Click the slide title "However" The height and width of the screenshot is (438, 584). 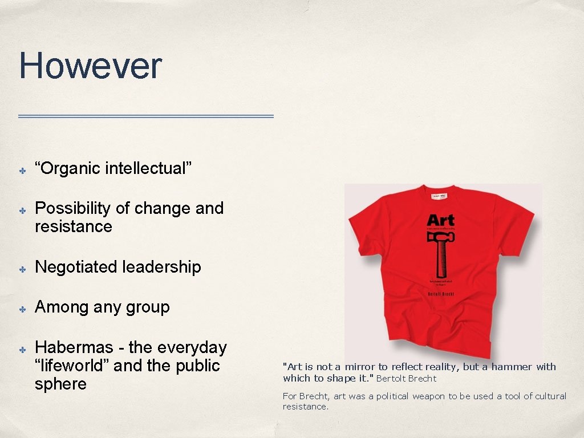pyautogui.click(x=90, y=66)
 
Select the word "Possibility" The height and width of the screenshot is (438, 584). pyautogui.click(x=72, y=209)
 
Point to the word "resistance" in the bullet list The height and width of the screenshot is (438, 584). pyautogui.click(x=73, y=226)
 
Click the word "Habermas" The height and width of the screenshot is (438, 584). pyautogui.click(x=78, y=347)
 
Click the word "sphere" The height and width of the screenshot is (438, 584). pyautogui.click(x=60, y=384)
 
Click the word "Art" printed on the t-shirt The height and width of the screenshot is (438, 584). pyautogui.click(x=440, y=220)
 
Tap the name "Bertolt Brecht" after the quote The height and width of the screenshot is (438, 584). pyautogui.click(x=406, y=378)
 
